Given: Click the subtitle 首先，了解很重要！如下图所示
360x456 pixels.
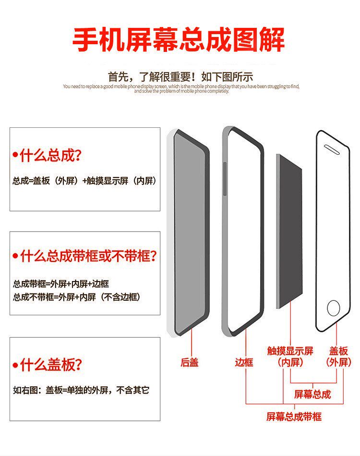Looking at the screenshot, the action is (180, 76).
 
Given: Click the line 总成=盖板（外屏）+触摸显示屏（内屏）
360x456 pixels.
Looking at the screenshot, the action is (84, 182).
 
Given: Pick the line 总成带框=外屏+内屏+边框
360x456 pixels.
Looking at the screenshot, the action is (61, 284).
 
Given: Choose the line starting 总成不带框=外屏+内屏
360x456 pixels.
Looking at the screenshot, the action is (77, 297).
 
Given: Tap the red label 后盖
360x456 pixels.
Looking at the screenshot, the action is (190, 363).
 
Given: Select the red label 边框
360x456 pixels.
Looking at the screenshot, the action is (244, 363).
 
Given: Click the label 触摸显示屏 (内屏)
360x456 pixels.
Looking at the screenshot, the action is (290, 357).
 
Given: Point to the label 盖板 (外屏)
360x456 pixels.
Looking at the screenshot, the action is (339, 357).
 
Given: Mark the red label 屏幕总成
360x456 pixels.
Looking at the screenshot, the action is (312, 394).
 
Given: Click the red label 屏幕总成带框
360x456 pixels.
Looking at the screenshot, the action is (294, 417).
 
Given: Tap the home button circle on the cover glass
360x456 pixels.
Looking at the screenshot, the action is (333, 308).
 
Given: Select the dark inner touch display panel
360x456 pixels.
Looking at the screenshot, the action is (289, 231).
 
